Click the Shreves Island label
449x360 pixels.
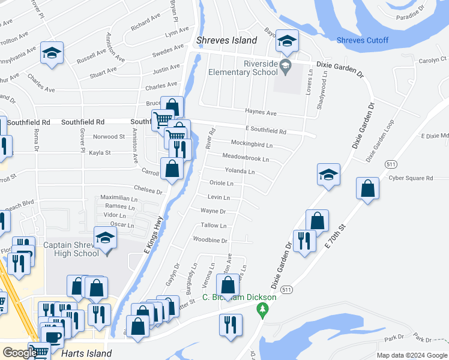[227, 41]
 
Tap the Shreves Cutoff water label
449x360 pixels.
[363, 41]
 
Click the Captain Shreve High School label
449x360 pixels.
[71, 249]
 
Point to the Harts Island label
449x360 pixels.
[86, 353]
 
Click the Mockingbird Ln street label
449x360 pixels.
[252, 145]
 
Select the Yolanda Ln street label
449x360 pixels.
[240, 172]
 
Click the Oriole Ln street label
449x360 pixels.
[221, 183]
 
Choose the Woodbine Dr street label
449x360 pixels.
[210, 240]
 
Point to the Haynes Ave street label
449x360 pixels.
[261, 112]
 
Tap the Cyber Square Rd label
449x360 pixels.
[411, 178]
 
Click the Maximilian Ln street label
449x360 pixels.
[119, 197]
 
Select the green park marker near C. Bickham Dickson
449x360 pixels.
[262, 309]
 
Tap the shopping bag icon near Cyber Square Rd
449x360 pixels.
[367, 188]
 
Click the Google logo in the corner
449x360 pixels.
[19, 353]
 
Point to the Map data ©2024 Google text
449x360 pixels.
[412, 355]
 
